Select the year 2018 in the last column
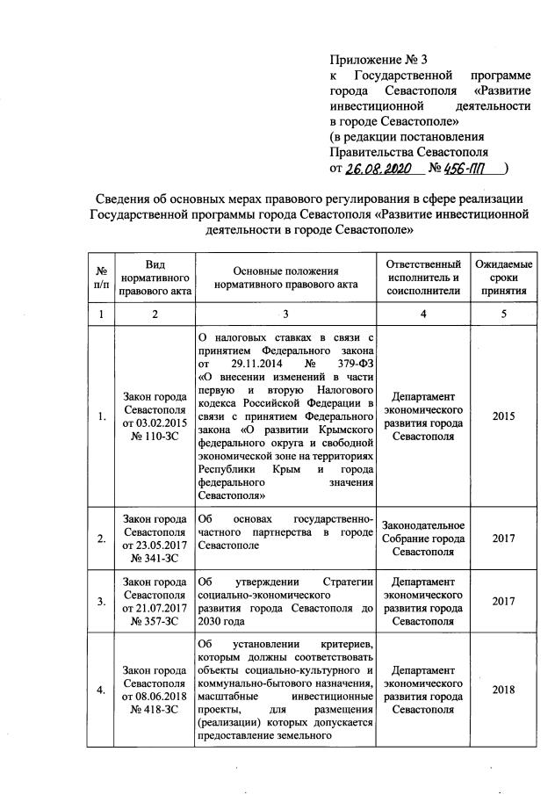(x=503, y=690)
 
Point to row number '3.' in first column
(x=102, y=602)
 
